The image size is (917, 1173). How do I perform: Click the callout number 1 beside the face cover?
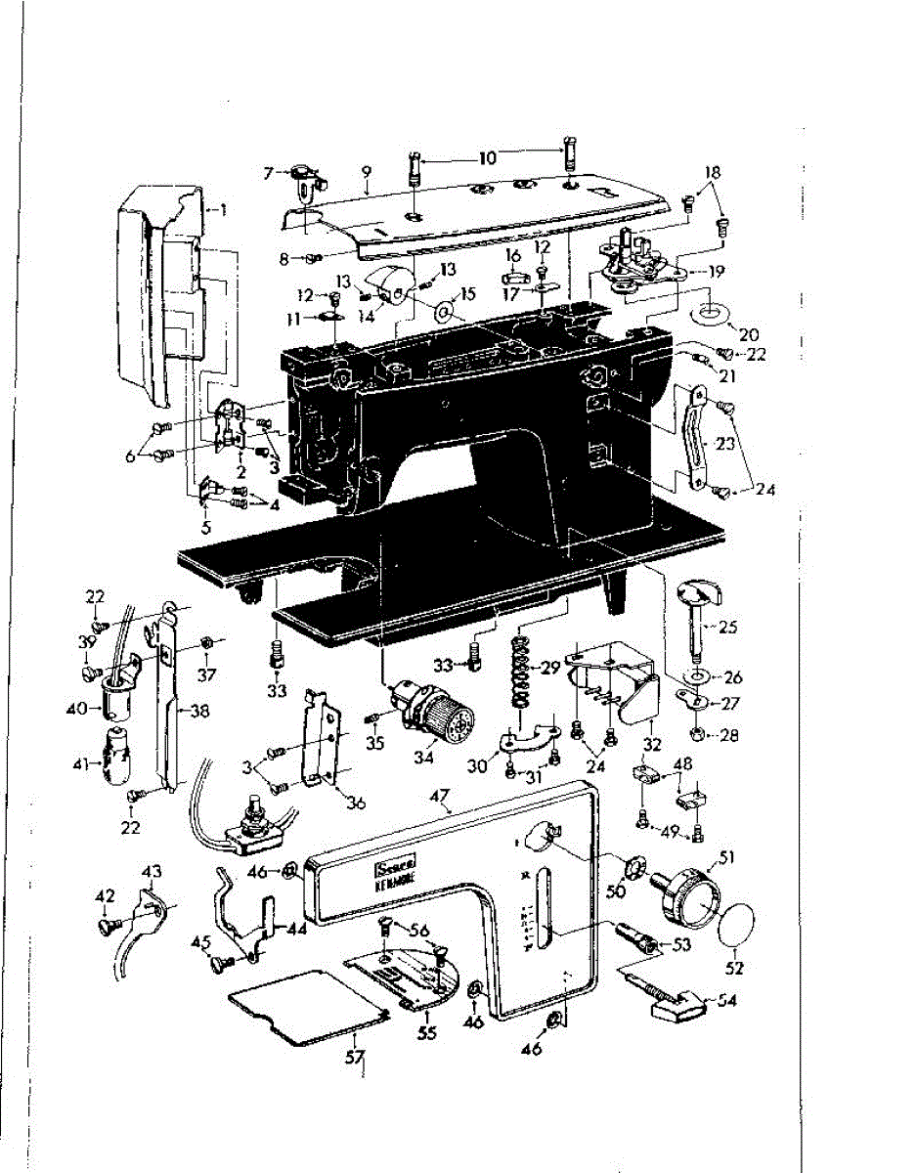(x=223, y=208)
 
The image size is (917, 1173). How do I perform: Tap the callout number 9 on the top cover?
(x=366, y=171)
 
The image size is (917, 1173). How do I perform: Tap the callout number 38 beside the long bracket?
(x=200, y=712)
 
